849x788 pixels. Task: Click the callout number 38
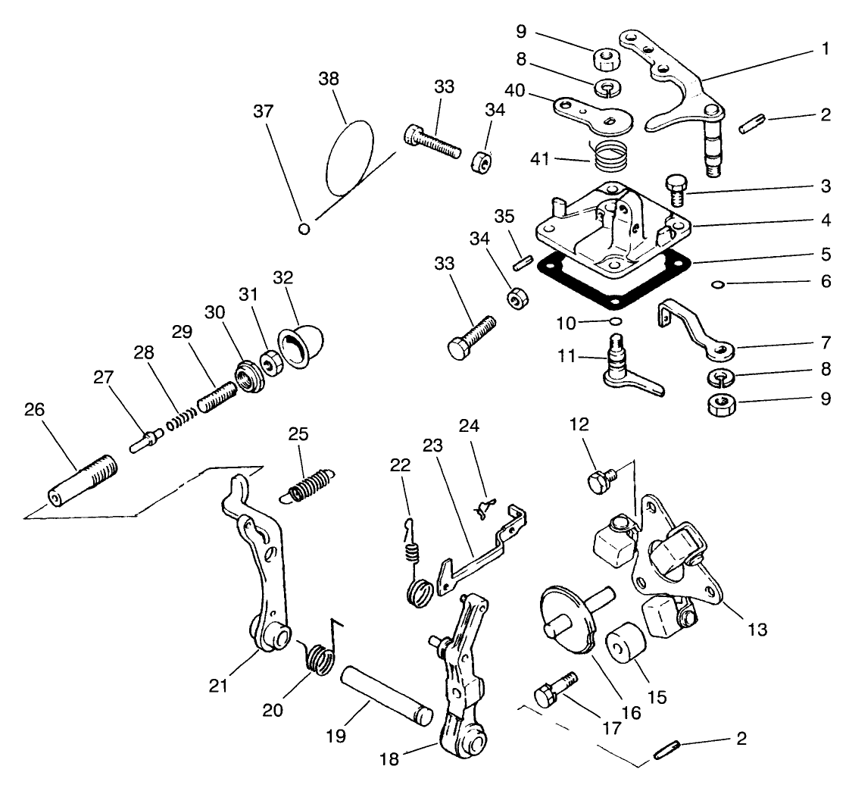pyautogui.click(x=329, y=79)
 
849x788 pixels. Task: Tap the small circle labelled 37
pyautogui.click(x=304, y=228)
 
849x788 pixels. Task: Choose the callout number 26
pyautogui.click(x=34, y=410)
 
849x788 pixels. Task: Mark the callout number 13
pyautogui.click(x=757, y=628)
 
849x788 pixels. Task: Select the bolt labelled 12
pyautogui.click(x=599, y=478)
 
